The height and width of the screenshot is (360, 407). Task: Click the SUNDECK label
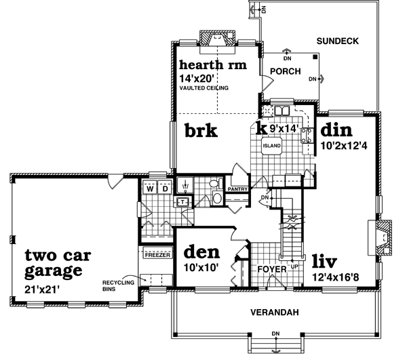[x=337, y=41]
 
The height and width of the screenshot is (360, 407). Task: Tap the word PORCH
[x=286, y=71]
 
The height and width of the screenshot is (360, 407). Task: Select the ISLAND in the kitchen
[x=271, y=146]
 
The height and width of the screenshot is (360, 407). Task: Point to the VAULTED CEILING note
[x=204, y=88]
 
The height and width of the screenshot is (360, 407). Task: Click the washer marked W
[x=150, y=188]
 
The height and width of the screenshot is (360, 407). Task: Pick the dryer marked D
[x=165, y=188]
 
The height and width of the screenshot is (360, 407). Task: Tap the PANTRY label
[x=237, y=189]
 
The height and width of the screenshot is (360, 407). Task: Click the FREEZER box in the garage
[x=157, y=254]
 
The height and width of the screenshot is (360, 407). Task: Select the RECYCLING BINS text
[x=118, y=285]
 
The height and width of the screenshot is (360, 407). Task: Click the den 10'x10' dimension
[x=200, y=267]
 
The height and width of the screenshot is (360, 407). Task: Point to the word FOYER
[x=272, y=269]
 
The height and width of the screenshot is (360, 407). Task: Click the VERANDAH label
[x=275, y=313]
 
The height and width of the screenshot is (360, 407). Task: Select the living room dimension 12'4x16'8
[x=335, y=277]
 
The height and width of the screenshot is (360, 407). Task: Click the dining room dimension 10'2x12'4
[x=344, y=146]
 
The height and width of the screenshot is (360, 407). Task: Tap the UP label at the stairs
[x=294, y=266]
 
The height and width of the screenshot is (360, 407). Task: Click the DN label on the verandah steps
[x=276, y=334]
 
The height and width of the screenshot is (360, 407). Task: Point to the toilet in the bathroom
[x=217, y=198]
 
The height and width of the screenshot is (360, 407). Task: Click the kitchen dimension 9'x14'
[x=283, y=128]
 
